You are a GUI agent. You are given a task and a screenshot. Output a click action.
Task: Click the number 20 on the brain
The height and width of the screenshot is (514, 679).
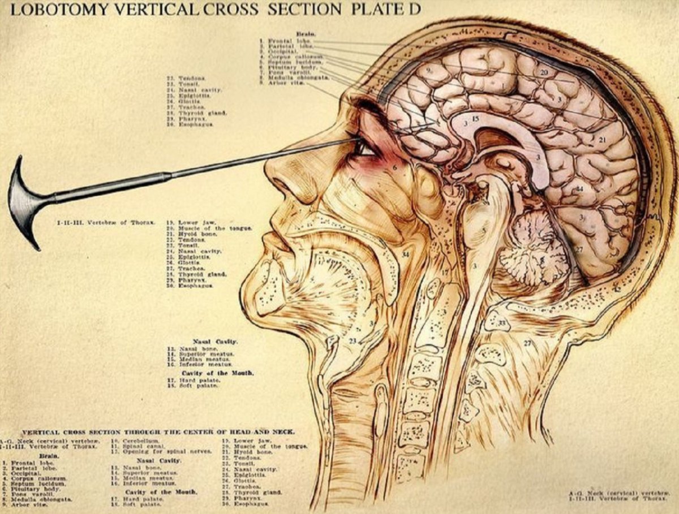coord(544,72)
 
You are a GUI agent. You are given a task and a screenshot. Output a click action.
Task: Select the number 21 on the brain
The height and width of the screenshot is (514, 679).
coord(602,140)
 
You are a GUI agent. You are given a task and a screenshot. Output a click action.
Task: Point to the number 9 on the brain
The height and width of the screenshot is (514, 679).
coord(429,71)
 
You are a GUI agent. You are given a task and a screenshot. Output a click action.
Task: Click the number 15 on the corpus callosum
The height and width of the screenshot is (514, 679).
coord(475,119)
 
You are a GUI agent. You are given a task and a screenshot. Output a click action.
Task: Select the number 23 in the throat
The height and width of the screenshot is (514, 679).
coord(353,341)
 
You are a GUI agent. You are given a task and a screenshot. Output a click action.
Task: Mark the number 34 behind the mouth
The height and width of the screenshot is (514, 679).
coord(405,255)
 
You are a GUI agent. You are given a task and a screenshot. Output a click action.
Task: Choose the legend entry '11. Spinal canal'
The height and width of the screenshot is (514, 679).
coord(136,446)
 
